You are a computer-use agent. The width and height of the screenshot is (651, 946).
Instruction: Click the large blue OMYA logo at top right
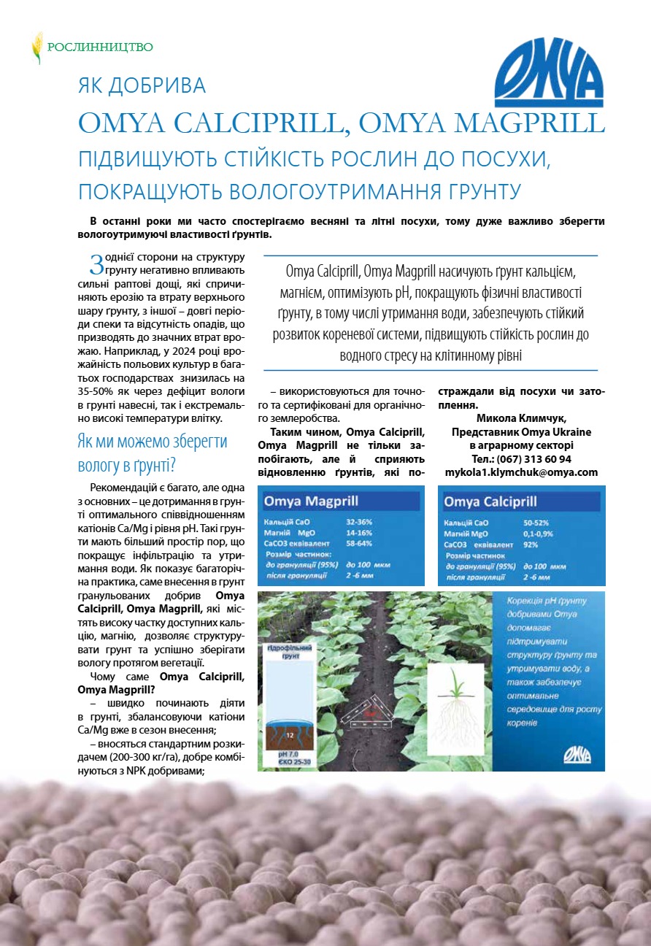(549, 73)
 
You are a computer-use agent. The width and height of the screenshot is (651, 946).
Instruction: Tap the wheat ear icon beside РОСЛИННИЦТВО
(36, 47)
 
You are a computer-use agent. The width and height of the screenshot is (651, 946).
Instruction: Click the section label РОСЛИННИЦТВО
(100, 47)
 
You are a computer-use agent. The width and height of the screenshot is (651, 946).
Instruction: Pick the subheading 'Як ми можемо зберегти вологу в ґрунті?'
(152, 453)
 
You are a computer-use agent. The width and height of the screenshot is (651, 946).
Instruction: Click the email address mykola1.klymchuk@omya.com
(521, 472)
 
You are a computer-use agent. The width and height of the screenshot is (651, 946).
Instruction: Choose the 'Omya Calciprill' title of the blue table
(490, 501)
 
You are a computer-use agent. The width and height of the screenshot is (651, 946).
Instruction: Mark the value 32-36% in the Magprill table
(359, 523)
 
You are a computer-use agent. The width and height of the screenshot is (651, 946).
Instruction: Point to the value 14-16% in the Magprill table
(359, 534)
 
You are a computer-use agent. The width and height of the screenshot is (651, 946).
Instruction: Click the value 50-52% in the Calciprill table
(536, 523)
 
